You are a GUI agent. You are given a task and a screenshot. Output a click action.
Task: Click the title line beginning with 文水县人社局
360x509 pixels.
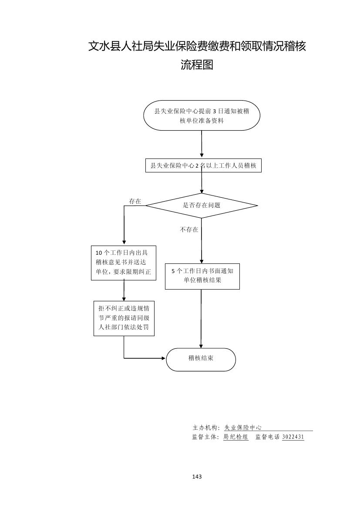point(197,46)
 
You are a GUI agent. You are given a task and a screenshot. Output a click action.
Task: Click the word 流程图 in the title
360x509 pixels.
point(197,65)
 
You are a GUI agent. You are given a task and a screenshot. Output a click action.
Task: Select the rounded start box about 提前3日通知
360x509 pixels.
point(202,115)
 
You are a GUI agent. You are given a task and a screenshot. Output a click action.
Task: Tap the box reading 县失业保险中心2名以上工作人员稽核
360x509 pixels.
point(203,165)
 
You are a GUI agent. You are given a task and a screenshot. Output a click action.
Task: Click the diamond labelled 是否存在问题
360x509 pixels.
point(202,205)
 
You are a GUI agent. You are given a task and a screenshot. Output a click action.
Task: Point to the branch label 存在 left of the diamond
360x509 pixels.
point(135,201)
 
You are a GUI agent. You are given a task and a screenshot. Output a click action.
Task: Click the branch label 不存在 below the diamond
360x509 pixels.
point(189,229)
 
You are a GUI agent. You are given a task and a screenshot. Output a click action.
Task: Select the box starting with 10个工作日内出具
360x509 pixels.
point(123,263)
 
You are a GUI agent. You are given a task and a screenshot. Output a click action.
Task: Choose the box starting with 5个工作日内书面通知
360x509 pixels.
point(202,276)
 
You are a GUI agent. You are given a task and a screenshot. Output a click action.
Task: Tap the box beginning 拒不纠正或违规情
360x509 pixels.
point(124,318)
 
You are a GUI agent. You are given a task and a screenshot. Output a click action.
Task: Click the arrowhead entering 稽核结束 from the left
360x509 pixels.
point(164,358)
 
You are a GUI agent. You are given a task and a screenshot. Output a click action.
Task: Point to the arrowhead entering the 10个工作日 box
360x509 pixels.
point(124,242)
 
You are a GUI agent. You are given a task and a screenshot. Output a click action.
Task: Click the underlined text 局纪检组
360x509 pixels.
point(236,437)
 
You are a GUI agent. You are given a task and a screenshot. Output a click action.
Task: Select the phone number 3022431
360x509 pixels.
point(293,437)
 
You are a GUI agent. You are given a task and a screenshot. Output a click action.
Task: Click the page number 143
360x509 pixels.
point(197,477)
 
